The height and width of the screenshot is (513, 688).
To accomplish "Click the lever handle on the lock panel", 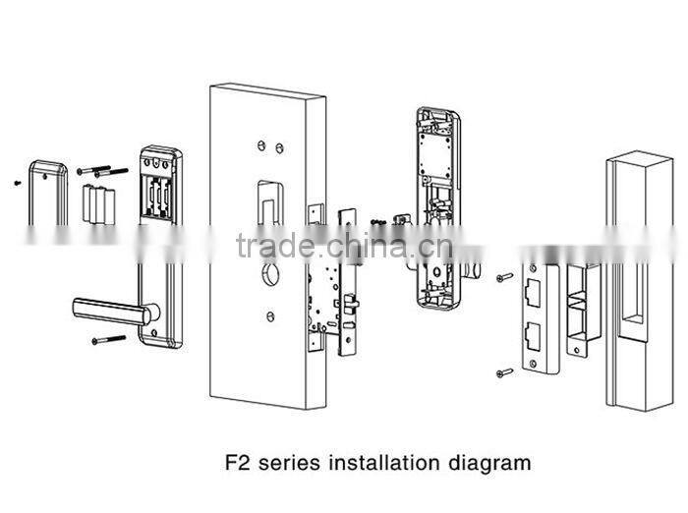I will click(x=108, y=312).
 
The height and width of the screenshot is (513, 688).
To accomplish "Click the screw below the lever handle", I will click(x=108, y=340).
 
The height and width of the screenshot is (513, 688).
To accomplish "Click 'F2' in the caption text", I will click(x=236, y=461).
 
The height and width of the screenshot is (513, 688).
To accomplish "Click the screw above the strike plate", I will click(x=505, y=277).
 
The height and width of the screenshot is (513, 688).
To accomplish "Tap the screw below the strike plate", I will click(x=505, y=371).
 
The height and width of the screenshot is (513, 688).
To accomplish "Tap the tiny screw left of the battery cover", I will click(x=18, y=182).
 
